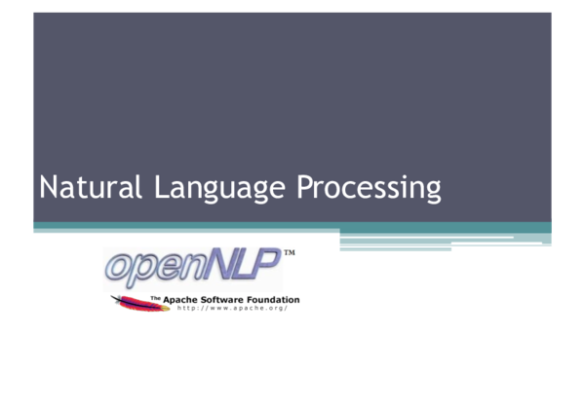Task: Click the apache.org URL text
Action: click(232, 309)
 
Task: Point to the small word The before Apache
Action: click(155, 298)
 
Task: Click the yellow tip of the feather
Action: click(116, 298)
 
